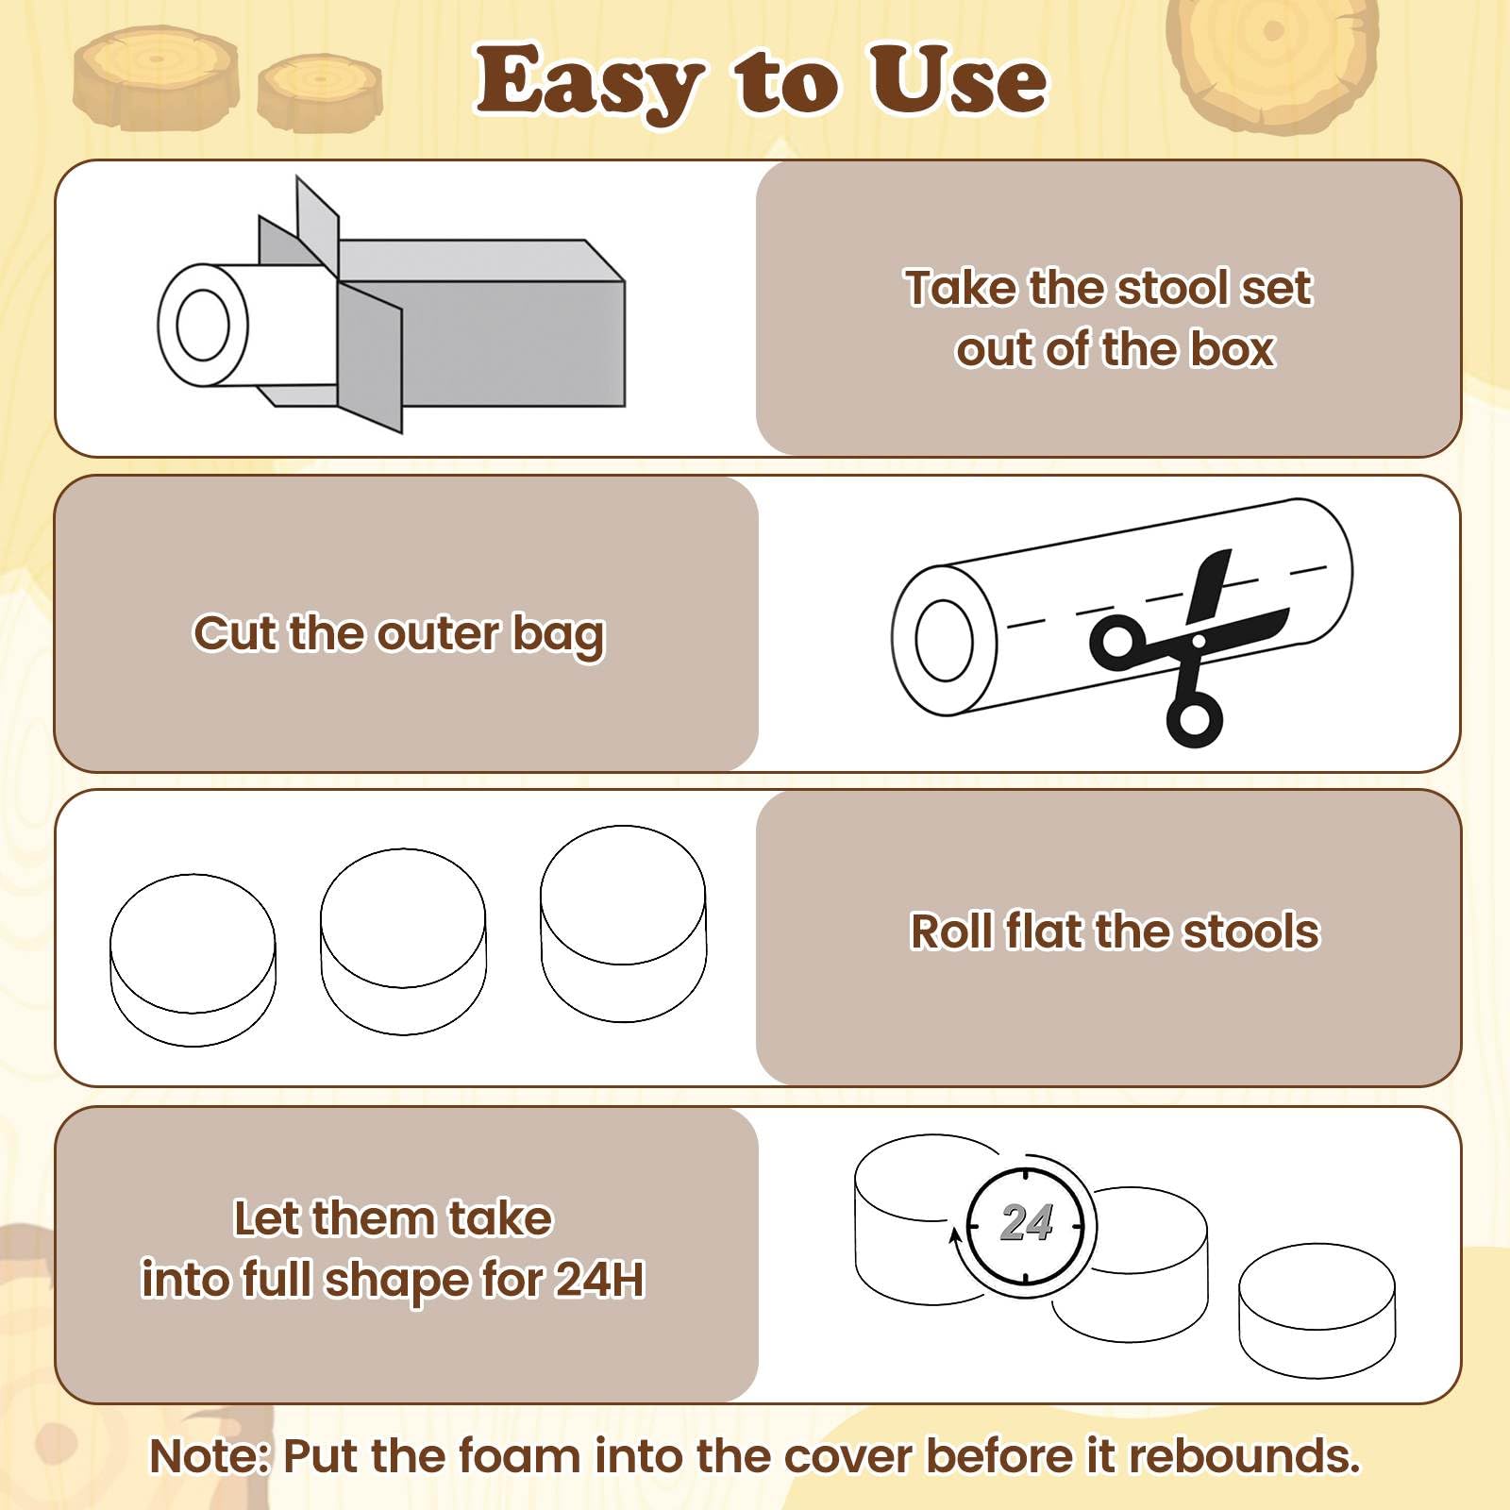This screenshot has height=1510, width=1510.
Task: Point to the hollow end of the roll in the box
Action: coord(203,325)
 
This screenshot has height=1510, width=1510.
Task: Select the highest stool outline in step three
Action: coord(623,924)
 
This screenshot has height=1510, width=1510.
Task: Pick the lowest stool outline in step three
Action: coord(193,960)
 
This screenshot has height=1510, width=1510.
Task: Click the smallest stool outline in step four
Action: coord(1317,1310)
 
